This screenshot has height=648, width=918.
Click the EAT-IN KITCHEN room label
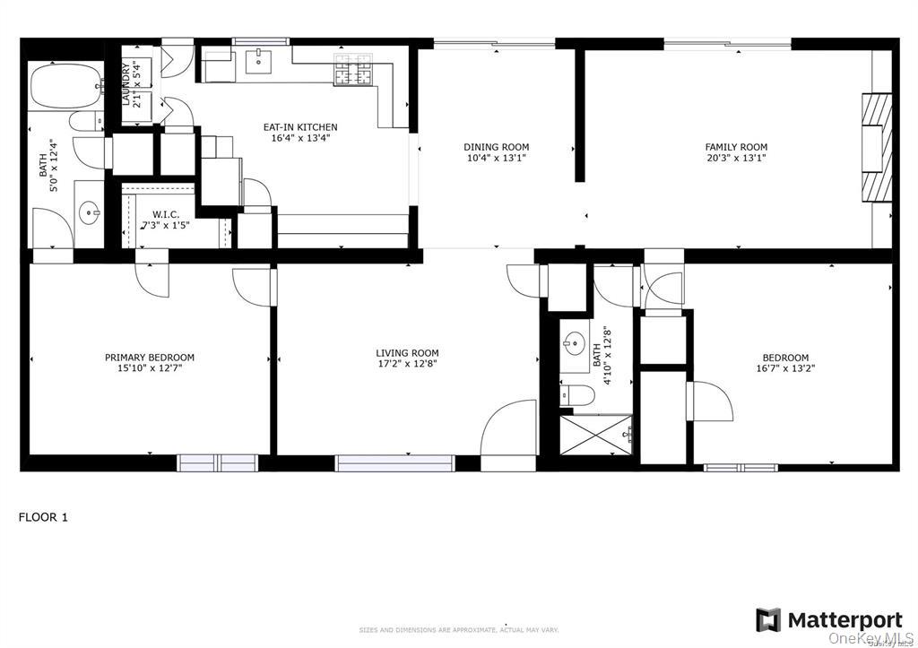(299, 127)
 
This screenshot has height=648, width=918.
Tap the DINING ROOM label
(496, 147)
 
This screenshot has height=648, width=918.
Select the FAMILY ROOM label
(736, 147)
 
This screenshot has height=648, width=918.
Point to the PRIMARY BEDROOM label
(149, 358)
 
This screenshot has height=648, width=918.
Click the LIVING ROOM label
(407, 353)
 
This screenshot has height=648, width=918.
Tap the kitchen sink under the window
(260, 60)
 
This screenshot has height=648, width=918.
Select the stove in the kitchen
(353, 71)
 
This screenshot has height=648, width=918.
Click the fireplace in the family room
(877, 147)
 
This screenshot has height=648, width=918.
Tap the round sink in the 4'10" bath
(574, 342)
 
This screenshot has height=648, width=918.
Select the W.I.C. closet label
(167, 214)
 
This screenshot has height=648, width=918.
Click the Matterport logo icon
(767, 620)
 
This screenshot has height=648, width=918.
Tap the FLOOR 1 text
(43, 517)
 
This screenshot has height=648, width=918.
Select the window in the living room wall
(395, 463)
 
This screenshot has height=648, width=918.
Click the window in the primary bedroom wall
(217, 462)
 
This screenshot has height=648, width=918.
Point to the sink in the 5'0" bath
(89, 213)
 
